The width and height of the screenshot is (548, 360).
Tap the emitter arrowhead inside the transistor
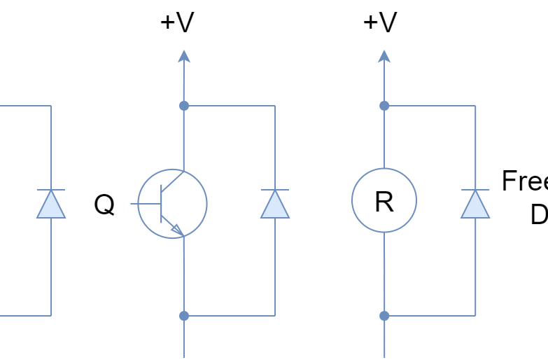pos(177,229)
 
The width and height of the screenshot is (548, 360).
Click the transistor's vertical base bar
pos(162,204)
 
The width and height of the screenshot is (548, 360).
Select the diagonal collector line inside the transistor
pos(172,180)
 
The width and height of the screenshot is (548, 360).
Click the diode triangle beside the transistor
pos(274,205)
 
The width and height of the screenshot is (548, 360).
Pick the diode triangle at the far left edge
pos(50,205)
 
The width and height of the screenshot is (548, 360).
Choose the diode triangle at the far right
pos(475,205)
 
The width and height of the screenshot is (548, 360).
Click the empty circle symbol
pos(384,200)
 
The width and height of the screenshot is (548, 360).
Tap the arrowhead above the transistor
pos(183,56)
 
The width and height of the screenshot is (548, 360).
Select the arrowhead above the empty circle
pos(384,56)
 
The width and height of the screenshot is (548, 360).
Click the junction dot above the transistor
pos(183,106)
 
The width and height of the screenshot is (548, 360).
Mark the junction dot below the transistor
pos(183,316)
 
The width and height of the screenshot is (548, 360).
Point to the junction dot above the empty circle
pos(384,106)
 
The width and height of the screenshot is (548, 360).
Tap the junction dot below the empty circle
pos(384,316)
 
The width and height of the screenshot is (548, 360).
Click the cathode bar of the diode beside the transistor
pos(274,190)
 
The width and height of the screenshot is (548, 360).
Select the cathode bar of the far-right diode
pos(475,190)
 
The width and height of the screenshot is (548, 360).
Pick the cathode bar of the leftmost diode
pos(50,190)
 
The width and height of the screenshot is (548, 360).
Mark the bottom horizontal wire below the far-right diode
pos(430,316)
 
